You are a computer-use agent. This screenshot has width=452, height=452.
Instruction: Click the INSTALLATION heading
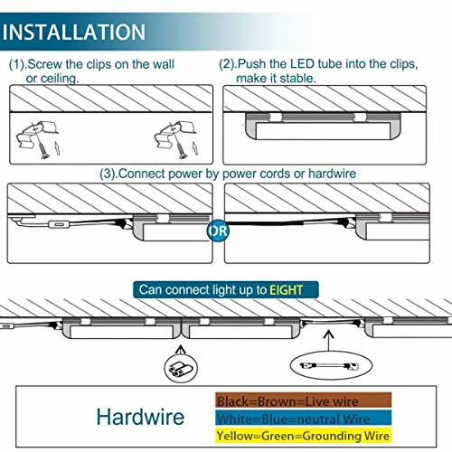(x=74, y=32)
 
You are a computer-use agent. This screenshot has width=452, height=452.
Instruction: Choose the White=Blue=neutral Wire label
(x=292, y=418)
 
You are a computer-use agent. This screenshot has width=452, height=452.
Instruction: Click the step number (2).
(x=230, y=66)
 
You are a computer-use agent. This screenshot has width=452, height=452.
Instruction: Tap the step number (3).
(x=109, y=174)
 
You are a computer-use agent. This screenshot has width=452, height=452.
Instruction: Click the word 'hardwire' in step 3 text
(x=331, y=174)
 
